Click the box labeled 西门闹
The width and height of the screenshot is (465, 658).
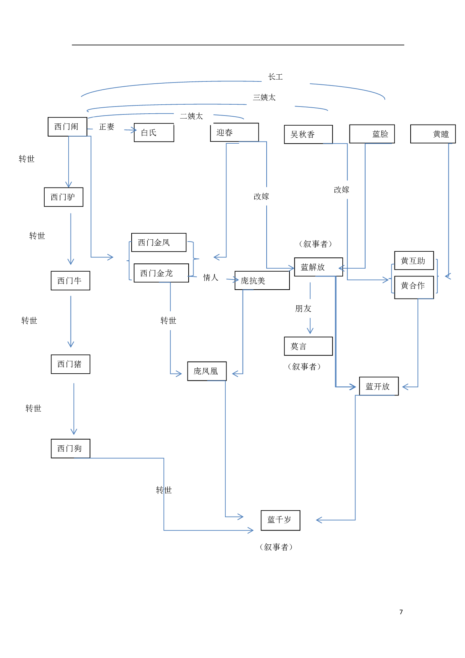(67, 127)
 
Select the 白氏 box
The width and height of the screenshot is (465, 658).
(154, 133)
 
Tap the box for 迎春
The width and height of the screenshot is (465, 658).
(234, 132)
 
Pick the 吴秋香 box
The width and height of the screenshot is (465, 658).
(308, 135)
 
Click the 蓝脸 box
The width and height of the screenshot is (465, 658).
(372, 134)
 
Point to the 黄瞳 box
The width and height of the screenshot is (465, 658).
(433, 134)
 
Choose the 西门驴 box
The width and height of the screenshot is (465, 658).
(63, 197)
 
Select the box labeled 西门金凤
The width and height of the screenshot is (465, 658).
(159, 243)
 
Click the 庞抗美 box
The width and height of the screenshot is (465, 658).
(262, 281)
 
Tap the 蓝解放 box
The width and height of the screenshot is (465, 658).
(318, 267)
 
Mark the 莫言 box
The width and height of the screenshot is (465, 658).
(308, 346)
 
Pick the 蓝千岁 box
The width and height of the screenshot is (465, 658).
(280, 520)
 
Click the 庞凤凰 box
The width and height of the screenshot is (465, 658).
(207, 371)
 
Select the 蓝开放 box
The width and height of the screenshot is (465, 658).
(378, 386)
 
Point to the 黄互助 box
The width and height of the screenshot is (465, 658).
(414, 261)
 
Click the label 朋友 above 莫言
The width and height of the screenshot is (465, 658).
(303, 309)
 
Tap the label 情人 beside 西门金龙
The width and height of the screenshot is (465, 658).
(211, 278)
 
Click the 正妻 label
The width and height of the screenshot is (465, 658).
(106, 127)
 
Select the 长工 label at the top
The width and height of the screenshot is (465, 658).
(276, 77)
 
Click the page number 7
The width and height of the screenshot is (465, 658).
(401, 612)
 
